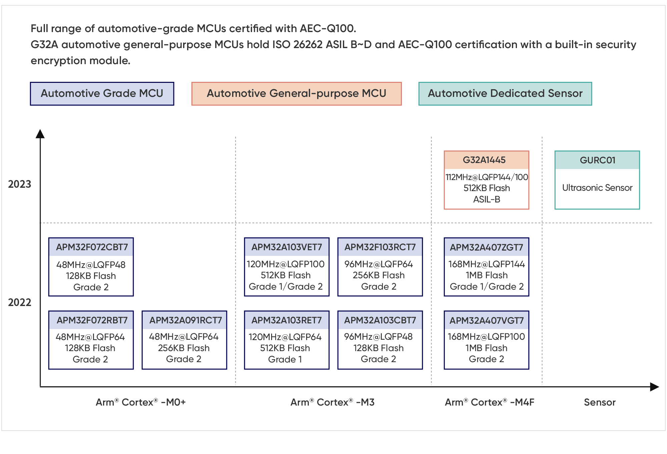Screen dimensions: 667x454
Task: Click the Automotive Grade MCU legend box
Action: [102, 94]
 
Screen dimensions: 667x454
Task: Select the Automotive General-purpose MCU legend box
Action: [296, 94]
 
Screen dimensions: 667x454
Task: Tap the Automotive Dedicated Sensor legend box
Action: [505, 94]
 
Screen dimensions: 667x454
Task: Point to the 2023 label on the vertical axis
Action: [20, 184]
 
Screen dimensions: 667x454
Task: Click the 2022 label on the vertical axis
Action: [20, 302]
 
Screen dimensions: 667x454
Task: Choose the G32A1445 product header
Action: [487, 160]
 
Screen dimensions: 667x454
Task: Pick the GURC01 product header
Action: [597, 160]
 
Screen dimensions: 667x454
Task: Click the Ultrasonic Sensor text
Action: [597, 188]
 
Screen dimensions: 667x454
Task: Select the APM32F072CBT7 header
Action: [91, 247]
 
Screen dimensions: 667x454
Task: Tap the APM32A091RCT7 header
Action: [184, 320]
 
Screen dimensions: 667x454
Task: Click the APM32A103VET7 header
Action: [287, 247]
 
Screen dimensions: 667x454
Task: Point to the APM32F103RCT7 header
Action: [380, 247]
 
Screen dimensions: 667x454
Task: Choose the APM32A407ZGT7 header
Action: [487, 247]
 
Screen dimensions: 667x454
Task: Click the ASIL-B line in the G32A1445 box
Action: [487, 199]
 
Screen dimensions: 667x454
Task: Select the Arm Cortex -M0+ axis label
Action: [141, 402]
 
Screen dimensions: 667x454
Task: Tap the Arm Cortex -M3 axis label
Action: [332, 402]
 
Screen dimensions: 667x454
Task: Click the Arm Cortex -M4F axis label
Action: [490, 402]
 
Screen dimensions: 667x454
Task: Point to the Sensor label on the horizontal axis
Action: [600, 402]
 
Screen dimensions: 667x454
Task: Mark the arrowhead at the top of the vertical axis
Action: [40, 134]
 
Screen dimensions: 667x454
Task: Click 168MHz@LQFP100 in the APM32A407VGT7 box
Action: [486, 336]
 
